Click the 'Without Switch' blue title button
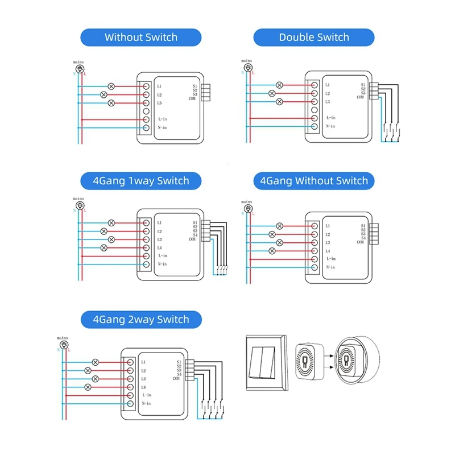(x=140, y=38)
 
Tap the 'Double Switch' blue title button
(x=313, y=38)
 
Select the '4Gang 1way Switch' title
(x=140, y=181)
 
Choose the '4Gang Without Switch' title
(x=313, y=181)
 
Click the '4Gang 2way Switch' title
(x=140, y=319)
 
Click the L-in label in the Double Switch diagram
(x=330, y=118)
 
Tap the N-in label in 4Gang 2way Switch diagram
(x=147, y=403)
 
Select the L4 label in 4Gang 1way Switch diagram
(x=160, y=248)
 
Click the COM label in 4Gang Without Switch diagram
(x=361, y=242)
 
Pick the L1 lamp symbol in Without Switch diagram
(x=111, y=86)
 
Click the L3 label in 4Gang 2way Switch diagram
(x=143, y=379)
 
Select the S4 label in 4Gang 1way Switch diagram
(x=195, y=235)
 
